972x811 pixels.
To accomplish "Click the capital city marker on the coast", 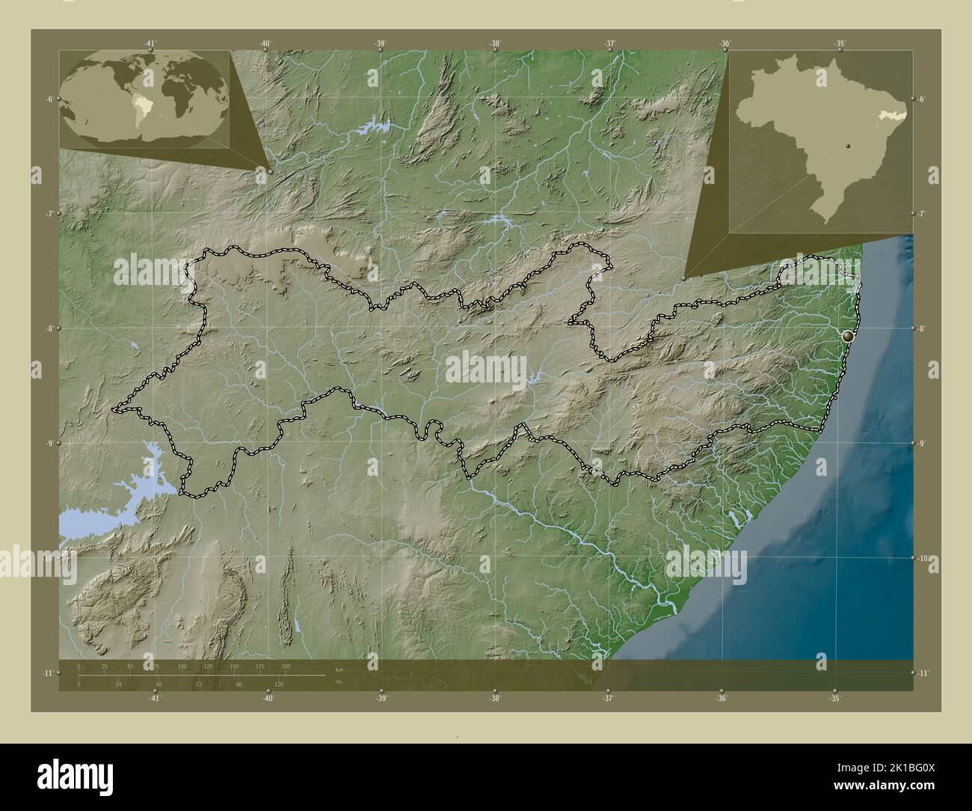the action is click(848, 337).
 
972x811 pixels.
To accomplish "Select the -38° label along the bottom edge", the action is click(494, 698).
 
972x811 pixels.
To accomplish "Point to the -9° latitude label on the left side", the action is click(47, 443).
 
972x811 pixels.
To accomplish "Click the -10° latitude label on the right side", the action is click(924, 558).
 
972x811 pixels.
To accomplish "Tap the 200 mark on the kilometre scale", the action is click(285, 666).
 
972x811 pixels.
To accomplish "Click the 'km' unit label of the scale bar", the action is click(339, 670).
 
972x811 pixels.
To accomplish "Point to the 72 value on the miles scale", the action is click(198, 684).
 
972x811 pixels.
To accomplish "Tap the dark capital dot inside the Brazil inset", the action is click(848, 146).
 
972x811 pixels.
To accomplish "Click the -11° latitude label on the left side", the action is click(47, 673).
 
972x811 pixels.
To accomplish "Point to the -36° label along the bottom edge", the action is click(722, 698).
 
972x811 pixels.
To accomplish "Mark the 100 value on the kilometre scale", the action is click(182, 666).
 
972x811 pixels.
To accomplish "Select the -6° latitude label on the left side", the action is click(47, 98).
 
